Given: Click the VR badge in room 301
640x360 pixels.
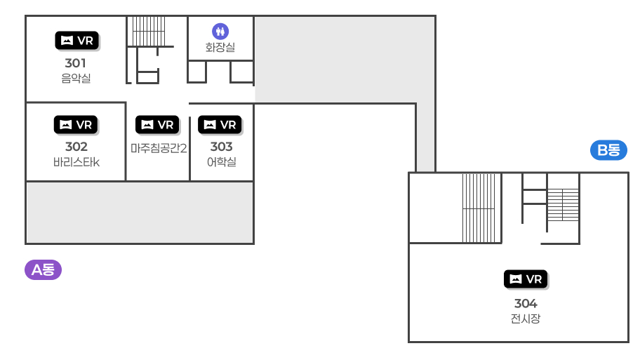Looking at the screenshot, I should tap(76, 41).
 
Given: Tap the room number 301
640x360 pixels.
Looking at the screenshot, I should tap(76, 63).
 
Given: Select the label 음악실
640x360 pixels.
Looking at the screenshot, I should tap(76, 79).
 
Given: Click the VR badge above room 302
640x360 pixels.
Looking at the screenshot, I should tap(76, 125).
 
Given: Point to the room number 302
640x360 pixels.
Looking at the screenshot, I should tap(76, 147).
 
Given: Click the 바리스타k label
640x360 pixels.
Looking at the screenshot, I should tap(76, 162).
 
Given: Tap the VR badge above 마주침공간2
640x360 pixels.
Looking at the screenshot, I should tap(157, 125).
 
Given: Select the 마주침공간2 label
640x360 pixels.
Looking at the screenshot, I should tap(158, 148).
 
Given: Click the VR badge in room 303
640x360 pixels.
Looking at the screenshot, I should tap(220, 125).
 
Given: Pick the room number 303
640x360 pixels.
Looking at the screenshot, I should tap(221, 147).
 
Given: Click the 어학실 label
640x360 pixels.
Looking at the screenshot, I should tap(221, 162).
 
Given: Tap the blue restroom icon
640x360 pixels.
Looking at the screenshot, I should tap(220, 31).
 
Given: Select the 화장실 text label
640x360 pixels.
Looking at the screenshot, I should tap(220, 48).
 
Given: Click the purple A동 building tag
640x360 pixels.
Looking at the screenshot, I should tap(44, 269).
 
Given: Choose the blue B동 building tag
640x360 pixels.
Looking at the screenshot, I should tap(608, 149).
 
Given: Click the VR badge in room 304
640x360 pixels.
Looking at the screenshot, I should tap(526, 279).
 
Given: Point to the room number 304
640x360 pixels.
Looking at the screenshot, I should tap(526, 303).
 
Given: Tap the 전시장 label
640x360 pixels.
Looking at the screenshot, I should tap(526, 319).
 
